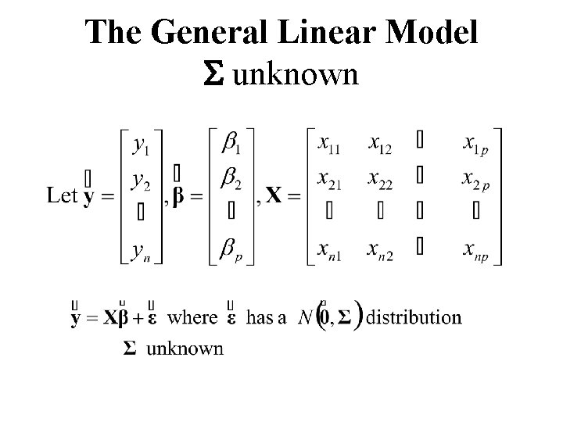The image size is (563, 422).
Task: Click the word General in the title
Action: point(213,34)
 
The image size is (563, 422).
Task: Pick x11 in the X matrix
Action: point(332,143)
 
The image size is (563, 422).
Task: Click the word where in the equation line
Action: point(192,317)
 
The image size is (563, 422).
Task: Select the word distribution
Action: point(414,317)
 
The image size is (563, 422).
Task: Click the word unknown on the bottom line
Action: point(185,348)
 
